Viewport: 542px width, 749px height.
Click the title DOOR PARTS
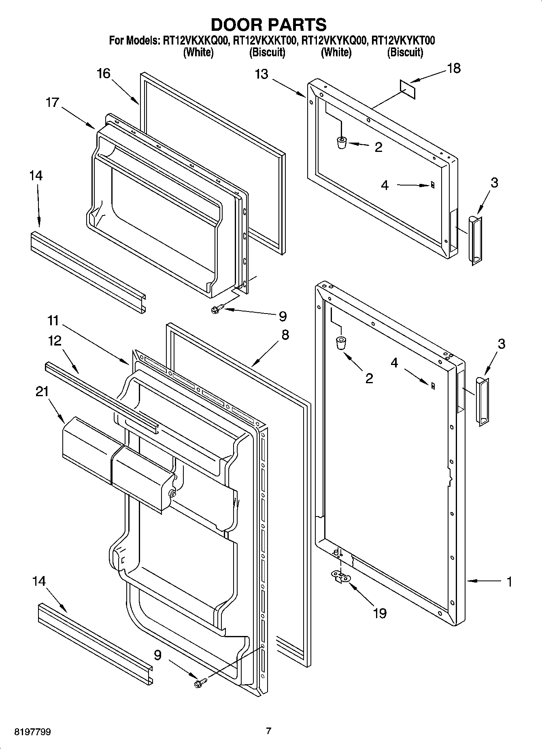(x=269, y=25)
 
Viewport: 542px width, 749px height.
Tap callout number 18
(x=454, y=68)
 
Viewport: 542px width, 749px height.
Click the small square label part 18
(x=408, y=89)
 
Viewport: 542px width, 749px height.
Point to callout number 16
(x=103, y=74)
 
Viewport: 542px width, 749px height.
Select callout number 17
(x=52, y=102)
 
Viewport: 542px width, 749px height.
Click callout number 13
(x=261, y=75)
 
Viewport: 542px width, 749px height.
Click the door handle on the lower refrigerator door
(x=482, y=401)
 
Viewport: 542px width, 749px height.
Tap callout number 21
(x=42, y=392)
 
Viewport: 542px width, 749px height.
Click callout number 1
(x=509, y=582)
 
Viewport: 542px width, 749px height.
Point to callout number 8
(x=285, y=335)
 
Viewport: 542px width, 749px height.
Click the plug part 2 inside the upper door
(x=342, y=143)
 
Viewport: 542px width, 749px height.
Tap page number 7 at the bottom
(x=268, y=731)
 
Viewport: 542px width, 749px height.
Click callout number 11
(x=53, y=321)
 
